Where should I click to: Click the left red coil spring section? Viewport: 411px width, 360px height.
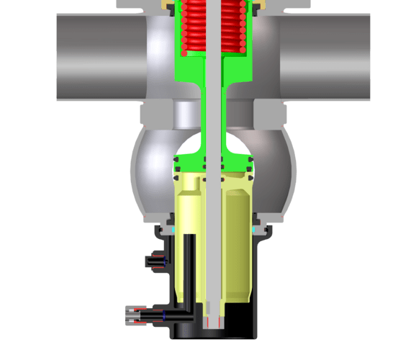(193, 27)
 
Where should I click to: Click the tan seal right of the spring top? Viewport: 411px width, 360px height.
(253, 6)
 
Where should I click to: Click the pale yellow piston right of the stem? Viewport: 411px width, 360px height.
(235, 238)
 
